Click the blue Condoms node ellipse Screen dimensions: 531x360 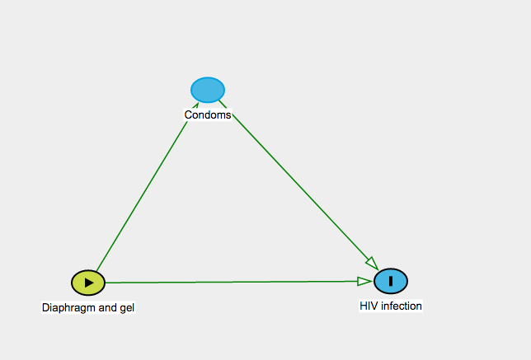[208, 90]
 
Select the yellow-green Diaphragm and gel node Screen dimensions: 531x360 [88, 283]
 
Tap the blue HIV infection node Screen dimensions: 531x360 [391, 281]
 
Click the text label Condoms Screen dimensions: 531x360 [208, 115]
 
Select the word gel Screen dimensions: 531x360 [127, 308]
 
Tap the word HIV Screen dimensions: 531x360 [369, 306]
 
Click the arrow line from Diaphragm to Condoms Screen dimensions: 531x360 [148, 187]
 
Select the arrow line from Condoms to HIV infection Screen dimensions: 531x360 [298, 185]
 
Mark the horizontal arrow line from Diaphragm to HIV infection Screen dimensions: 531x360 [238, 282]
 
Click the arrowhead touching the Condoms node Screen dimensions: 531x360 [195, 106]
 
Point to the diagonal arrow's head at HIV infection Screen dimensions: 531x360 [373, 264]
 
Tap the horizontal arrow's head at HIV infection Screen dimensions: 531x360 [364, 281]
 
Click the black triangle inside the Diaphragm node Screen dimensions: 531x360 [89, 283]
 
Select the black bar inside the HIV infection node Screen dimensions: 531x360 [391, 281]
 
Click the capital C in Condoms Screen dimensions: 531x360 [188, 115]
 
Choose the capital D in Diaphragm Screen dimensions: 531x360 [45, 307]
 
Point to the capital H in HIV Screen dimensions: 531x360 [364, 306]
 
